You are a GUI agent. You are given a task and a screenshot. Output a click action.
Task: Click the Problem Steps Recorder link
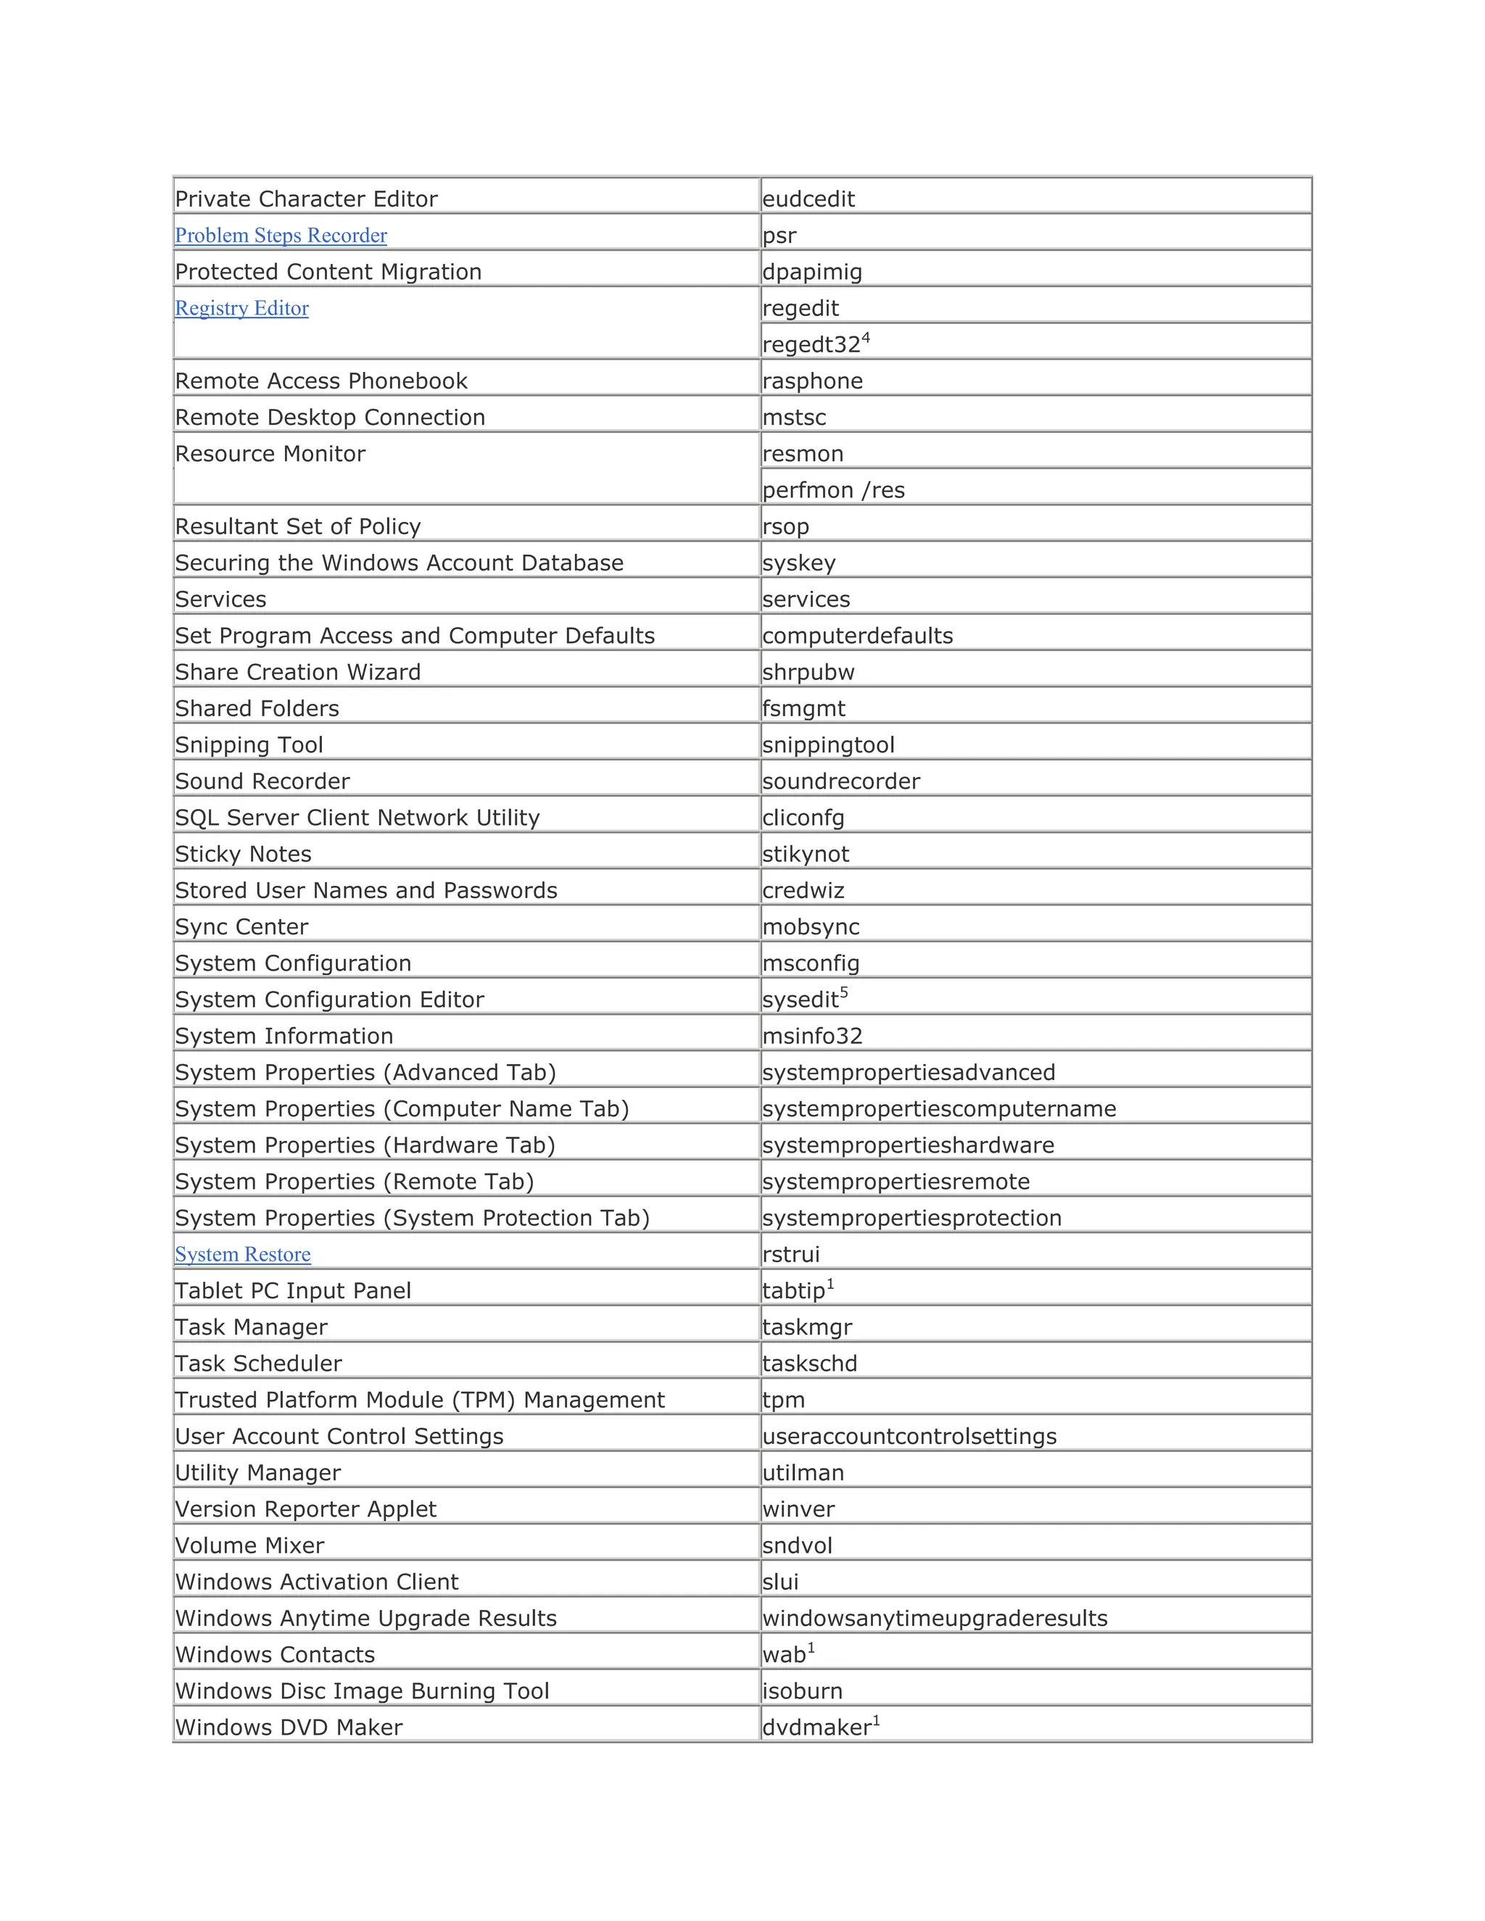281,236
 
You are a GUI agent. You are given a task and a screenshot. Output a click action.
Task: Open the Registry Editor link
242,309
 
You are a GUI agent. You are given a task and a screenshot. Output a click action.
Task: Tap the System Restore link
243,1254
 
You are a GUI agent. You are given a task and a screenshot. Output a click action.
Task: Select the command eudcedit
808,199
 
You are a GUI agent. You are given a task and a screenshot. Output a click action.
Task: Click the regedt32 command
811,345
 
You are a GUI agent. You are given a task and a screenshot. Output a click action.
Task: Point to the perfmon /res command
833,490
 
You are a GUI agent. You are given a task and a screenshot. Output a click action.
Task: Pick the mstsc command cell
795,418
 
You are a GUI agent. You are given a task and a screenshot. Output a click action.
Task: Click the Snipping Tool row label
249,745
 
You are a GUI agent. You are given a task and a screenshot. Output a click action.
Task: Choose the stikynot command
806,854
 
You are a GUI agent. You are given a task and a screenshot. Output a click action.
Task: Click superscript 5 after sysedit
844,992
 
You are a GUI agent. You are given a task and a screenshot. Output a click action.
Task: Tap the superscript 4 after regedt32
866,337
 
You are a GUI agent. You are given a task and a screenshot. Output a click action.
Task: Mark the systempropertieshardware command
908,1145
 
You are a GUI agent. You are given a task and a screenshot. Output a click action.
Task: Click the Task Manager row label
251,1327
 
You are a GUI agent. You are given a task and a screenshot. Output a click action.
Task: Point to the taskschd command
809,1364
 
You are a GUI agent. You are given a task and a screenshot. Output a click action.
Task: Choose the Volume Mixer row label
250,1545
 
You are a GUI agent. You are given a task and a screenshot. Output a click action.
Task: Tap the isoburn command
803,1690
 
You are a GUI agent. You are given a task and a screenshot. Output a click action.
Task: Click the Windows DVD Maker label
289,1727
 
